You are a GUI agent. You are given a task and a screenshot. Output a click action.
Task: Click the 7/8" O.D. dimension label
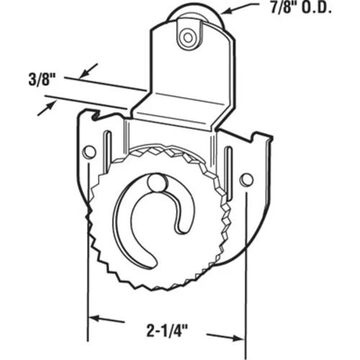pyautogui.click(x=301, y=9)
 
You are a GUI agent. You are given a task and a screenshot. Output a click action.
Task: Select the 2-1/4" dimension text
pyautogui.click(x=167, y=331)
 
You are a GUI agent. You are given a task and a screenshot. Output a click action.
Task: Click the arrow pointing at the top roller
pyautogui.click(x=240, y=9)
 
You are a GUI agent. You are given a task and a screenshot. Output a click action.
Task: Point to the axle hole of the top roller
pyautogui.click(x=188, y=37)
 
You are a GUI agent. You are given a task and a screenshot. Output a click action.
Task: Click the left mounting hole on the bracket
pyautogui.click(x=89, y=152)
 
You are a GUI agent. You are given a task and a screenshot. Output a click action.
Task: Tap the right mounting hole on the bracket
pyautogui.click(x=247, y=179)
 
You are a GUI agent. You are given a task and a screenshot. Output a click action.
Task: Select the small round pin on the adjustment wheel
pyautogui.click(x=156, y=183)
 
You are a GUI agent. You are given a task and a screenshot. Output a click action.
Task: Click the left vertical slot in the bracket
pyautogui.click(x=108, y=149)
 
